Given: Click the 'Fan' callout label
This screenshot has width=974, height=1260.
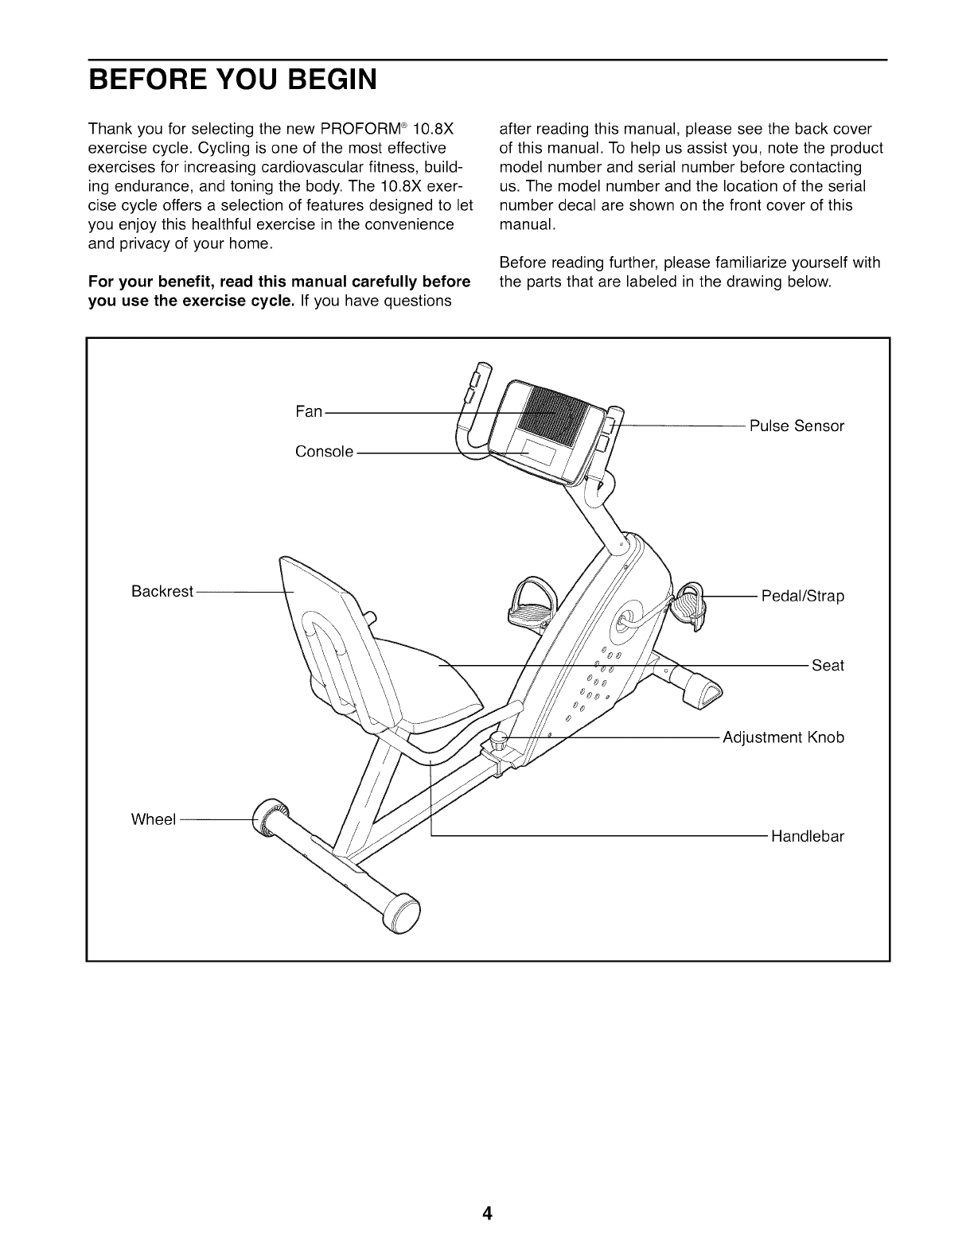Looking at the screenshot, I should [x=309, y=411].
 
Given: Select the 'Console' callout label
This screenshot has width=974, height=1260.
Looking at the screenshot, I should [x=324, y=452].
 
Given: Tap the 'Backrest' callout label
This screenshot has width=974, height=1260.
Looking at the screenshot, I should [x=162, y=592].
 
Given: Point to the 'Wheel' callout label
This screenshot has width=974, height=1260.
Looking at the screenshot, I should [x=153, y=819].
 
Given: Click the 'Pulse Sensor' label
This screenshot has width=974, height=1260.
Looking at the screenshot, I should [x=797, y=426].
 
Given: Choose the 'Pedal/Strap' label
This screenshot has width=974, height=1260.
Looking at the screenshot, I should [x=802, y=596].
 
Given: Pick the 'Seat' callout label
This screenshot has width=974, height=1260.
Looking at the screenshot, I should [x=828, y=665].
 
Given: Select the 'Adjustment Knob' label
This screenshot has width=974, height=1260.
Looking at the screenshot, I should [x=783, y=737].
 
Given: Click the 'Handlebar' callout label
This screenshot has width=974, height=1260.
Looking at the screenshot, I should [x=807, y=837].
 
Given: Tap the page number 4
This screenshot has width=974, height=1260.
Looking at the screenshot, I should [x=487, y=1213].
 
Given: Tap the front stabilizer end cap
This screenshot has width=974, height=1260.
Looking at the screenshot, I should [x=704, y=689].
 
